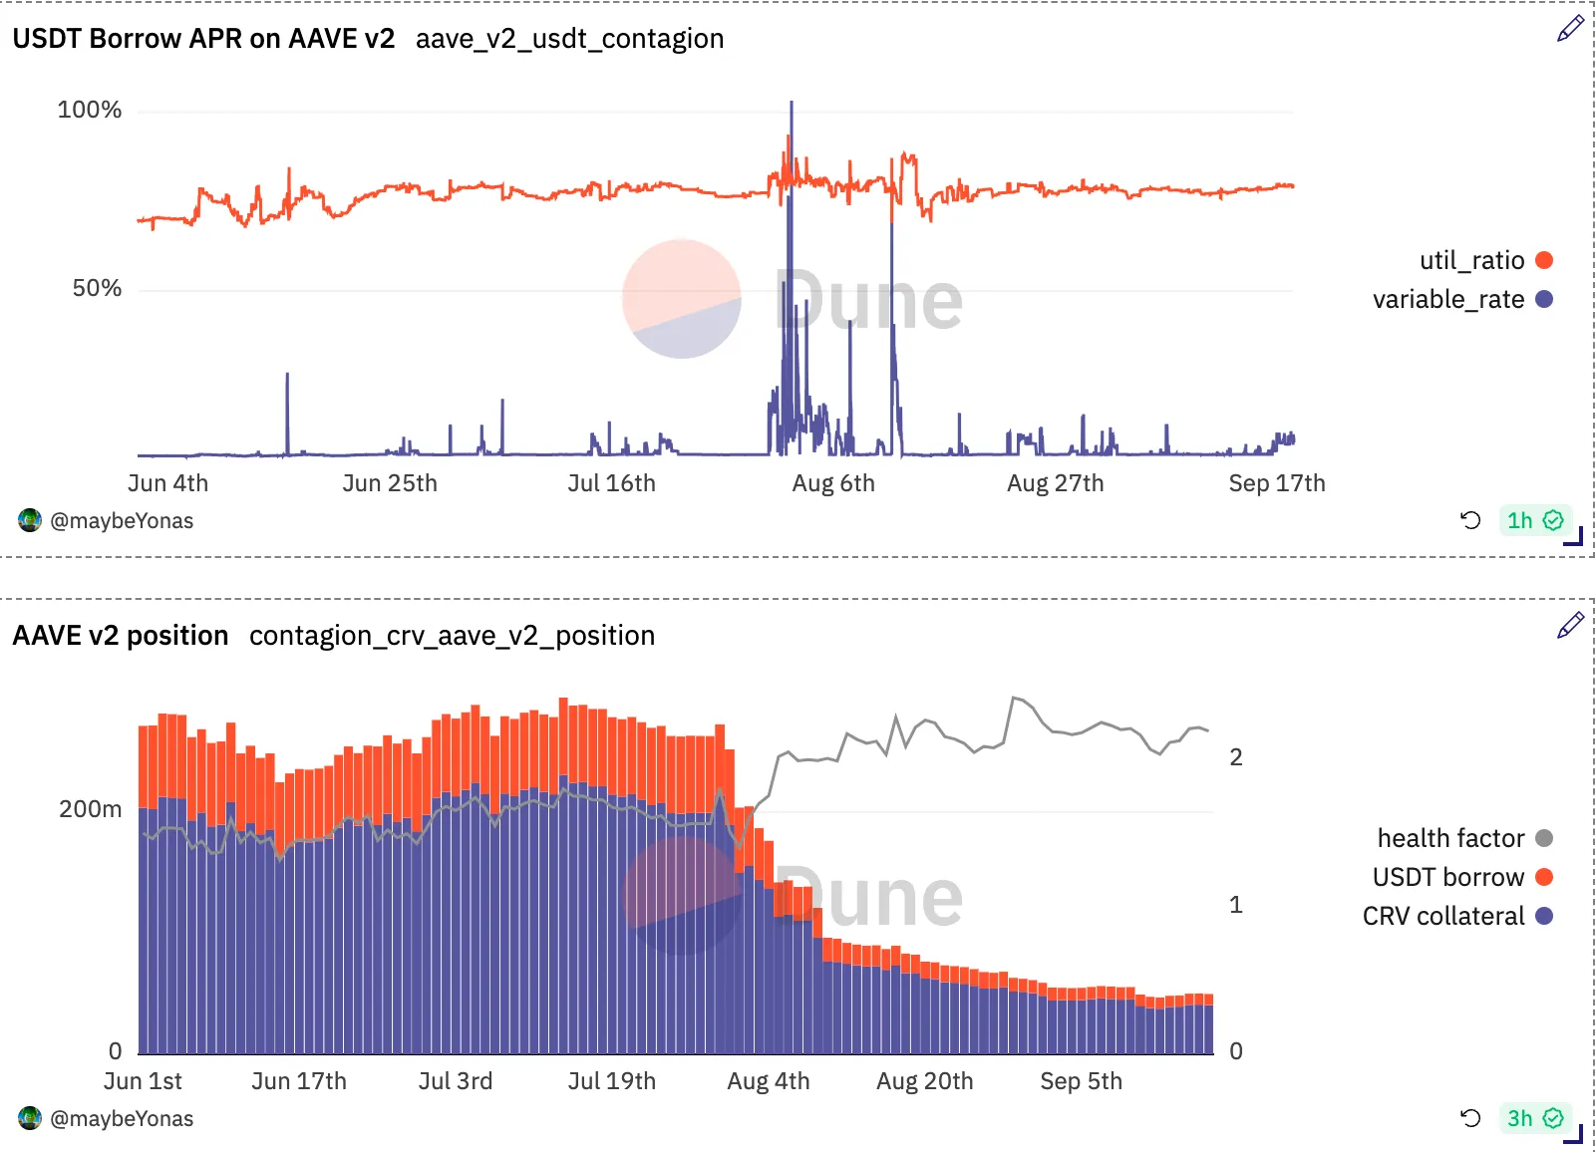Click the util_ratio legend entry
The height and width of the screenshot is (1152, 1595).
pyautogui.click(x=1485, y=260)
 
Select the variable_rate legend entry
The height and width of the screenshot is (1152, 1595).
pyautogui.click(x=1462, y=299)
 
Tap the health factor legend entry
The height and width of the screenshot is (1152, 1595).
pyautogui.click(x=1464, y=838)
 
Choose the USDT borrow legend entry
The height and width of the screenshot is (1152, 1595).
pyautogui.click(x=1462, y=877)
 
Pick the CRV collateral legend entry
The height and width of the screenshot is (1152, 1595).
pyautogui.click(x=1457, y=917)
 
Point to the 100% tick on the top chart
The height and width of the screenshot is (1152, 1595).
pyautogui.click(x=89, y=110)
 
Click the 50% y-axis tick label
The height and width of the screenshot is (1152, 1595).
pyautogui.click(x=97, y=288)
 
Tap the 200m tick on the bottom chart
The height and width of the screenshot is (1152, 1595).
pyautogui.click(x=91, y=809)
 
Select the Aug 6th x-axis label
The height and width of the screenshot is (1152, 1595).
pyautogui.click(x=833, y=483)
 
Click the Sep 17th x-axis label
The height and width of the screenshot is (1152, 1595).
pyautogui.click(x=1277, y=483)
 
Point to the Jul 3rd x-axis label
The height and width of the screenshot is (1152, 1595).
pyautogui.click(x=455, y=1081)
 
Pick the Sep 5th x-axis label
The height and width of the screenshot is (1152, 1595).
pyautogui.click(x=1081, y=1081)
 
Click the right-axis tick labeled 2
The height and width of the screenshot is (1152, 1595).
pyautogui.click(x=1236, y=757)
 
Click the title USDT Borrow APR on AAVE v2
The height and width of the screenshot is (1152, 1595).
pyautogui.click(x=203, y=39)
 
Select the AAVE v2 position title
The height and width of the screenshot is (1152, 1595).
pyautogui.click(x=121, y=636)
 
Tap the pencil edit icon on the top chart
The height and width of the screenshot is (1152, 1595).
pyautogui.click(x=1570, y=29)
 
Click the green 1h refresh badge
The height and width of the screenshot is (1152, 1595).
pyautogui.click(x=1535, y=520)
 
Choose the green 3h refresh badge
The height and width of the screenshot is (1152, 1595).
pyautogui.click(x=1535, y=1118)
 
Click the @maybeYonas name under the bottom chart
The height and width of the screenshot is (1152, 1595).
pyautogui.click(x=122, y=1119)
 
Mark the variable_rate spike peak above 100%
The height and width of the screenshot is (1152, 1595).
pyautogui.click(x=792, y=103)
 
